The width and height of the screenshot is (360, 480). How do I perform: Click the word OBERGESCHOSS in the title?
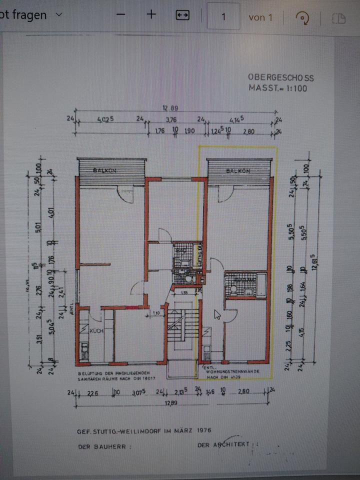point(281,78)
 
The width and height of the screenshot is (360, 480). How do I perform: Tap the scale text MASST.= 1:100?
point(277,88)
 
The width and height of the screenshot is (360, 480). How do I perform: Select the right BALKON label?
point(237,171)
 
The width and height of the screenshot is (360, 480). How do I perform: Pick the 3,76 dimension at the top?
point(171,119)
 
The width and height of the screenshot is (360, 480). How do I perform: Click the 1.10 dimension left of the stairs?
point(156,313)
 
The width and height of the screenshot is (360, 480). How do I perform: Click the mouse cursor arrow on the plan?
point(217,314)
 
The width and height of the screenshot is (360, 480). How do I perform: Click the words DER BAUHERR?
point(104,446)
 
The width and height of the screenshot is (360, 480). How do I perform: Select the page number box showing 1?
point(223,16)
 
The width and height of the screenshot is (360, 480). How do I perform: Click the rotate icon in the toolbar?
point(302,17)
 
